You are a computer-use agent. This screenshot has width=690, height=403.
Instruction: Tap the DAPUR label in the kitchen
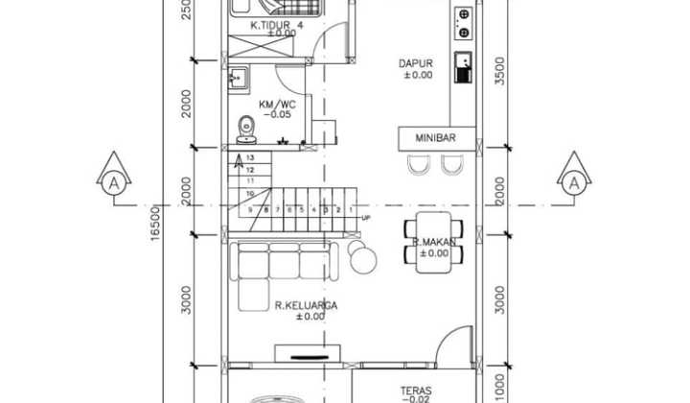click(x=416, y=64)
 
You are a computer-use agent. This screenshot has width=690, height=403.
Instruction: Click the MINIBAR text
click(x=435, y=138)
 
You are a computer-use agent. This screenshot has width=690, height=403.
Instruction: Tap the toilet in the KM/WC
click(x=247, y=125)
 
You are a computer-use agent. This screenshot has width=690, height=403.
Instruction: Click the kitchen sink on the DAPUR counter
click(x=463, y=65)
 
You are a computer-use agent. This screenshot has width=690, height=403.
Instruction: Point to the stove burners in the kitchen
click(x=464, y=23)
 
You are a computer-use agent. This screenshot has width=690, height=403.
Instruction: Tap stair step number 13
click(x=250, y=156)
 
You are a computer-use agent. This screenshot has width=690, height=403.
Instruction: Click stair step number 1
click(x=351, y=209)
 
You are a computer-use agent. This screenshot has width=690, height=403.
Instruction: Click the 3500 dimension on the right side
click(x=497, y=73)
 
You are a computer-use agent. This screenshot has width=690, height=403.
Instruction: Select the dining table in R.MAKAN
click(x=434, y=244)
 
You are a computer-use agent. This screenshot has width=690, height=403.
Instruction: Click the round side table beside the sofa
click(x=362, y=256)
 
